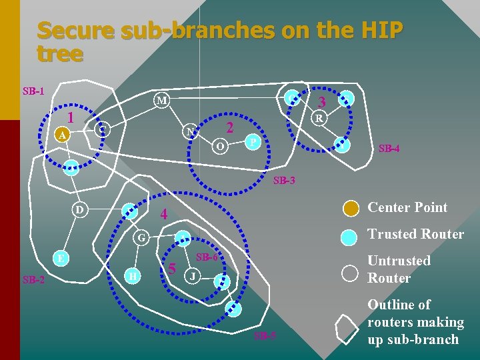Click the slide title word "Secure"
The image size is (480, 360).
[x=73, y=31]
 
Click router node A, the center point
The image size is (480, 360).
[x=62, y=135]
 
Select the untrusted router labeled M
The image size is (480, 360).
[x=161, y=101]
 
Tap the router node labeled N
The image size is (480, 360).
[x=191, y=131]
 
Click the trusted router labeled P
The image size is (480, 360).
[x=251, y=142]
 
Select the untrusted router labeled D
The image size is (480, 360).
[x=79, y=211]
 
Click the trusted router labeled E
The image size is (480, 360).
[x=61, y=259]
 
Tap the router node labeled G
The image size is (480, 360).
[x=140, y=237]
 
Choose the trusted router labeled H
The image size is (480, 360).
[x=134, y=276]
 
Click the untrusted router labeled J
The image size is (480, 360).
[x=193, y=276]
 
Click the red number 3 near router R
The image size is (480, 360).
[x=321, y=103]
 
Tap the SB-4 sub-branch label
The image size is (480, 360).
[x=389, y=149]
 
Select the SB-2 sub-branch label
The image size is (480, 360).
[x=33, y=279]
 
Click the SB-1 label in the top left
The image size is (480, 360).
[x=33, y=91]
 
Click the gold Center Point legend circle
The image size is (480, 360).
[x=351, y=208]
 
